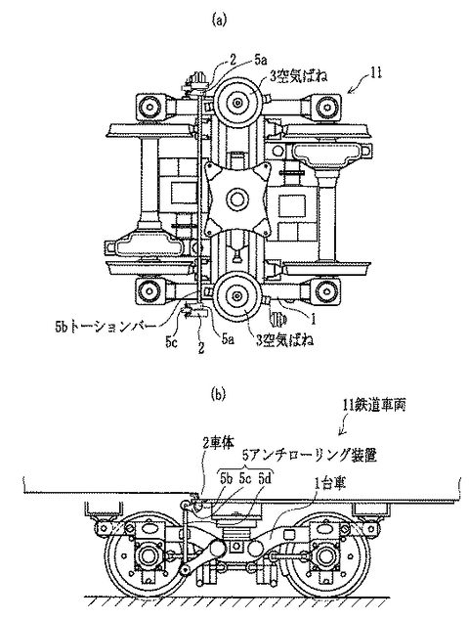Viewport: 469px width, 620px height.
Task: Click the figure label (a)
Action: pos(220,20)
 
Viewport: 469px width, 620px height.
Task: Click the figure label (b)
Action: pos(219,394)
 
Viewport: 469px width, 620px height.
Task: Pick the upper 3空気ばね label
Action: pos(299,76)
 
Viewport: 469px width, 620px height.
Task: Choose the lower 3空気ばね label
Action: pos(284,341)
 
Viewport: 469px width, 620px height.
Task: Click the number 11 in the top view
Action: pos(376,73)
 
